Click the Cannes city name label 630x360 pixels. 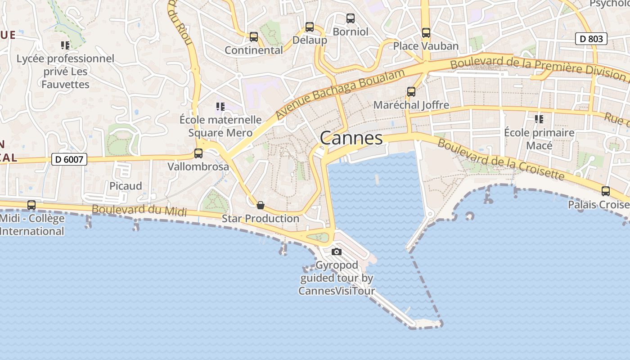tap(351, 138)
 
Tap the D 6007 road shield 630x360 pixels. tap(69, 159)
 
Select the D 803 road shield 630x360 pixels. tap(591, 39)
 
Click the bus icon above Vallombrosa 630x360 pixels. tap(198, 153)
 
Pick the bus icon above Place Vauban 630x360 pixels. tap(426, 32)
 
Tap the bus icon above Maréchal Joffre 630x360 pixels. tap(411, 91)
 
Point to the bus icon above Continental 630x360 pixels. tap(254, 36)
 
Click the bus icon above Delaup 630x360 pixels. tap(310, 27)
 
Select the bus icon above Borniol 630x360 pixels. tap(350, 18)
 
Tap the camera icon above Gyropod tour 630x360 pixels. tap(337, 252)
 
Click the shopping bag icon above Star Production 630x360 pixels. tap(260, 205)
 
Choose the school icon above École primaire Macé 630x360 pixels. tap(539, 119)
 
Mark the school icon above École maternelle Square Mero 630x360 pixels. tap(220, 107)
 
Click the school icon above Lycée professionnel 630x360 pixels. tap(65, 45)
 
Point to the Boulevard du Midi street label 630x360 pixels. tap(139, 210)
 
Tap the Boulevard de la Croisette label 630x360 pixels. tap(500, 159)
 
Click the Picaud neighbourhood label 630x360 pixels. tap(126, 186)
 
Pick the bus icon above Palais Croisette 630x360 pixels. tap(605, 191)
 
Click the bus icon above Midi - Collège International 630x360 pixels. tap(31, 205)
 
